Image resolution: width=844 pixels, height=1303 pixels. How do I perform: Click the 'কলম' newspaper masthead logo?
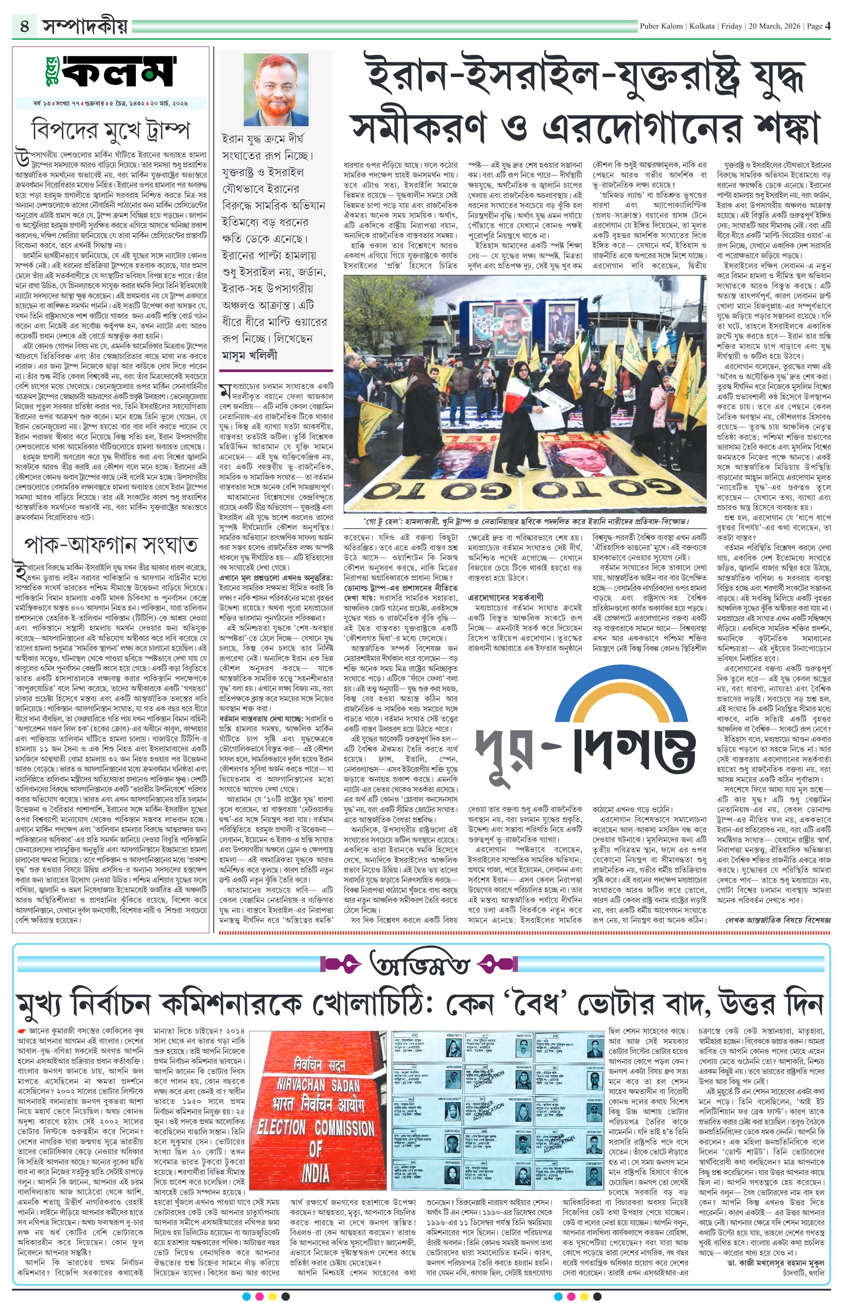(x=112, y=73)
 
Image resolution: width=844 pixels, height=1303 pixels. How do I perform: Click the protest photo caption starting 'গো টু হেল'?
(x=524, y=521)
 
